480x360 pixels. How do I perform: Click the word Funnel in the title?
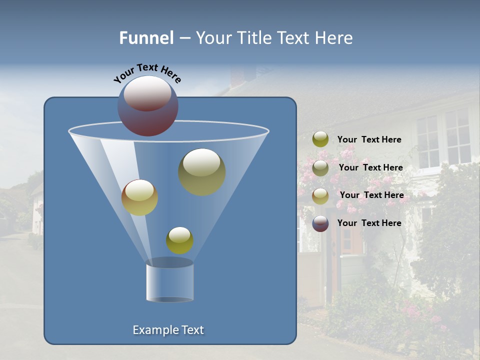(146, 38)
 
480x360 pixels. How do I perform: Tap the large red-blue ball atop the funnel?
(148, 106)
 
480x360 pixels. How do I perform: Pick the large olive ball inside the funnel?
(201, 171)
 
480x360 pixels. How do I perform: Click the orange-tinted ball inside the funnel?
(139, 197)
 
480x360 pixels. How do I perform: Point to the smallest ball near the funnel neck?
(179, 240)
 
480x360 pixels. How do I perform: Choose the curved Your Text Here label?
(147, 73)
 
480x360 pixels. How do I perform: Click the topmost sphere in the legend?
(320, 139)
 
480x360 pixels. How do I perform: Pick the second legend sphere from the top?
(320, 168)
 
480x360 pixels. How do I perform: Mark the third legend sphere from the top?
(320, 195)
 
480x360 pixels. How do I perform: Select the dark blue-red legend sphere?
(320, 223)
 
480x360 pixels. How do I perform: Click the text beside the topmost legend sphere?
(369, 140)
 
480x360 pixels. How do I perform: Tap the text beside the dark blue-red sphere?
(369, 223)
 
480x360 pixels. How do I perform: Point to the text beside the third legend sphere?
(371, 195)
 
